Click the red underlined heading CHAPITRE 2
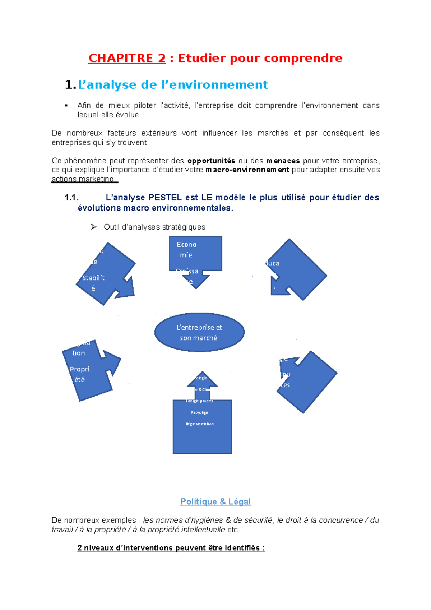pos(127,58)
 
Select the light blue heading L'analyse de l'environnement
pos(173,85)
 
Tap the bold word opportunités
pos(211,161)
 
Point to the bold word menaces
pos(283,161)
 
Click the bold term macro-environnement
pos(247,170)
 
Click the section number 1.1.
pos(71,198)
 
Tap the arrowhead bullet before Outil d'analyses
pos(94,227)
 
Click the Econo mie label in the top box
pos(186,250)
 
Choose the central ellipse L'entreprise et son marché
pos(199,332)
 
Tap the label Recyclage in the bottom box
pos(199,413)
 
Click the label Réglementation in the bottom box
pos(200,424)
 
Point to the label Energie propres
pos(200,401)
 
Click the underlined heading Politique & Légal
pos(215,502)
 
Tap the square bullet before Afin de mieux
pos(66,106)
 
